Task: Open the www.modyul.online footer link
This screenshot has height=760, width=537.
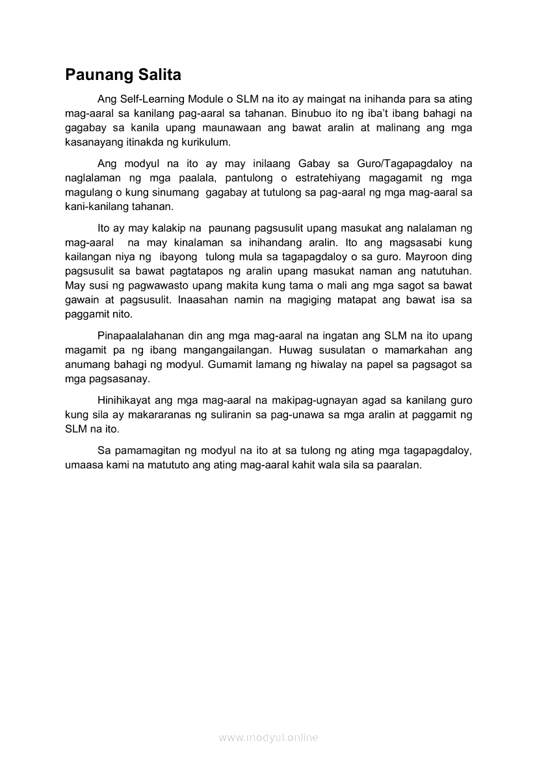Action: point(268,738)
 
